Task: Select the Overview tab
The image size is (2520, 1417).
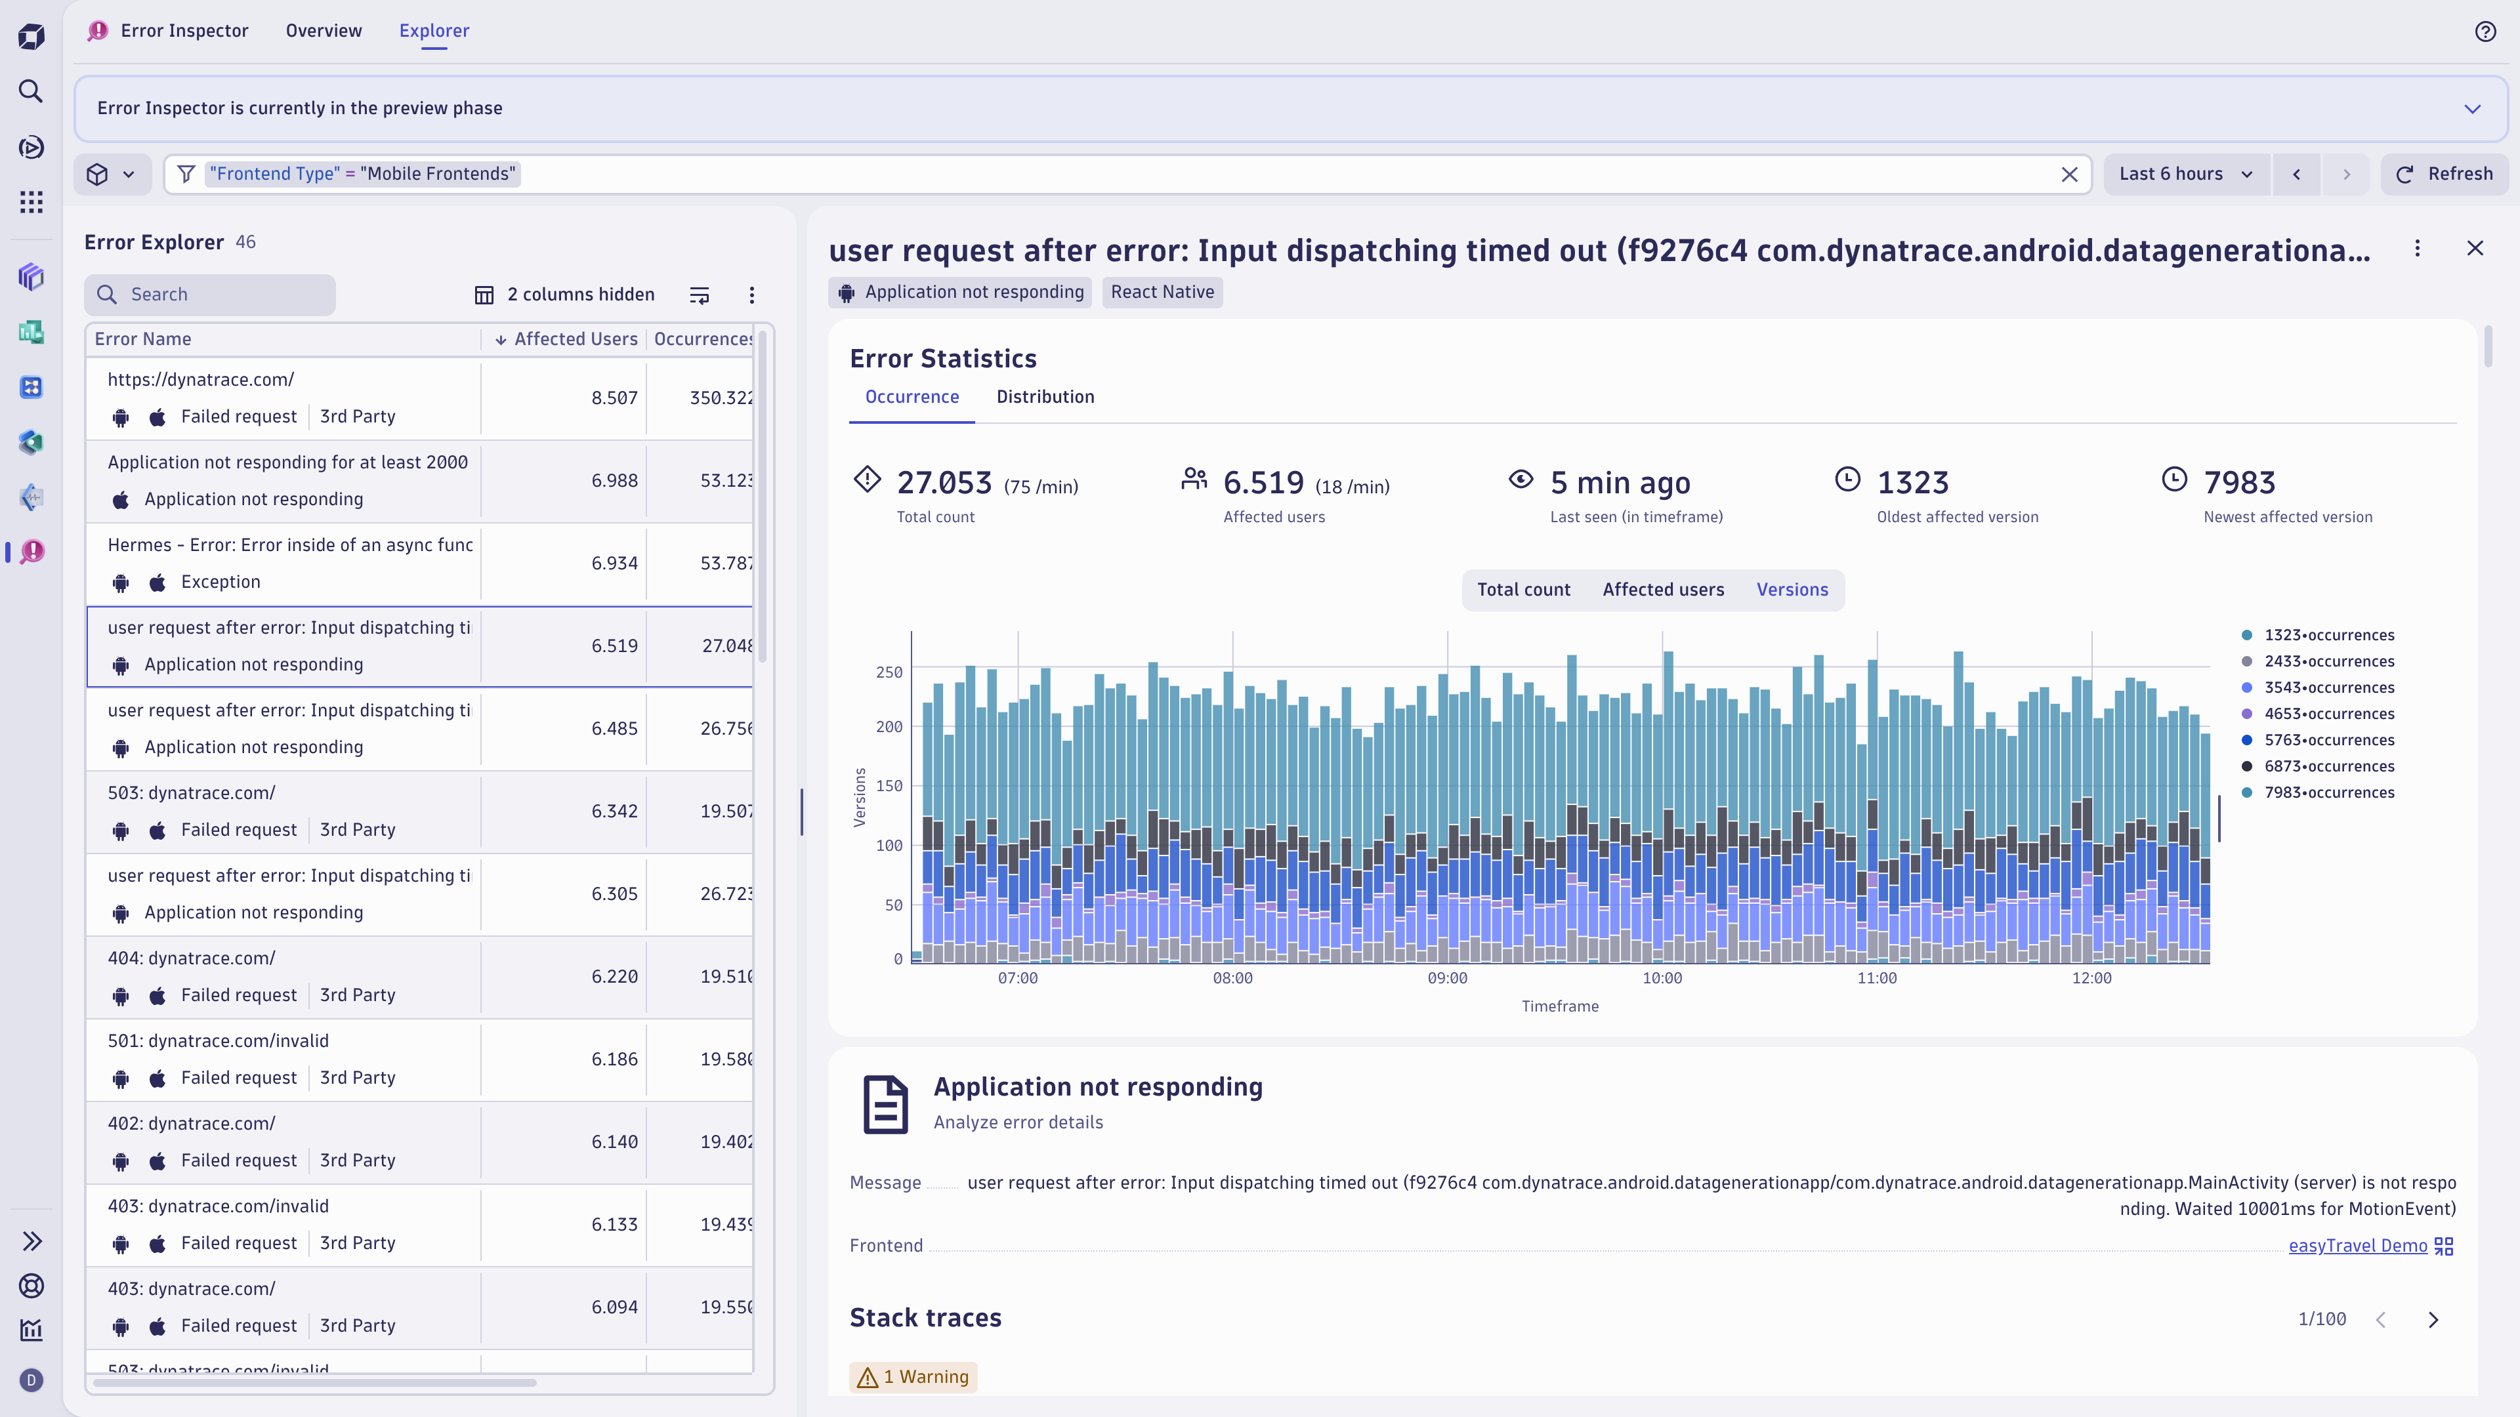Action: click(324, 30)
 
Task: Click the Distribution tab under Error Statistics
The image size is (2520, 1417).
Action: click(1045, 397)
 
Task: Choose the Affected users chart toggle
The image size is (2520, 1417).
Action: click(1663, 590)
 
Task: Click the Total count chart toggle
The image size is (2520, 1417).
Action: click(1523, 590)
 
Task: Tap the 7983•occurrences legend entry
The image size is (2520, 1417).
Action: click(2328, 793)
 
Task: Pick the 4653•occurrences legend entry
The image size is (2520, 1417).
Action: click(2328, 714)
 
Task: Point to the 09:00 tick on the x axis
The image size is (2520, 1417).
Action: click(1447, 978)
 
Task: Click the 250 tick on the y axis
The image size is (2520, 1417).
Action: click(889, 673)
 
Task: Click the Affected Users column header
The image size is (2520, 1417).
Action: click(576, 339)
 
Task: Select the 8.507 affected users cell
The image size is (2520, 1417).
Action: click(614, 398)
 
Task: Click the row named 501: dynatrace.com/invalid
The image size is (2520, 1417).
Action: click(218, 1040)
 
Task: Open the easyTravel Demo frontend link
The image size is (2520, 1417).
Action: click(2357, 1246)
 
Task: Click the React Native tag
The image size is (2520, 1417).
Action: click(1162, 293)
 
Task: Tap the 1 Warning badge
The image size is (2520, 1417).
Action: click(913, 1377)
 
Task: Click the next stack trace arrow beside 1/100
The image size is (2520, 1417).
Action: click(2433, 1320)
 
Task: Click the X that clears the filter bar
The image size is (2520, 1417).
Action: click(2069, 174)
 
